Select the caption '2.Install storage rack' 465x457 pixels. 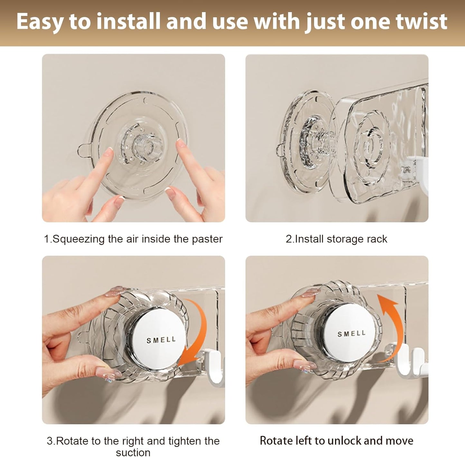point(337,239)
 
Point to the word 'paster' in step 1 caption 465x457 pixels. point(207,239)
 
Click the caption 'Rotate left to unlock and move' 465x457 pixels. point(337,440)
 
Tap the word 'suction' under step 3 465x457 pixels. point(133,452)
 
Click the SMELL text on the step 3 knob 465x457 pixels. point(161,340)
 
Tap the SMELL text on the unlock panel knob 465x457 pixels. point(351,334)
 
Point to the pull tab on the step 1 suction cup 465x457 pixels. point(83,150)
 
